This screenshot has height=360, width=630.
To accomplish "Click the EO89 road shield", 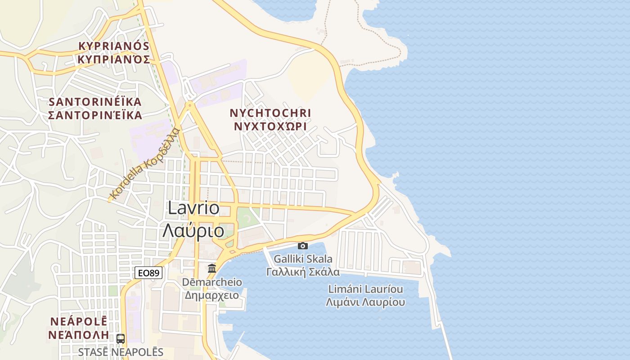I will pyautogui.click(x=148, y=273).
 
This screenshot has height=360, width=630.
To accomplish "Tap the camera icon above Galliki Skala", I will pyautogui.click(x=303, y=246).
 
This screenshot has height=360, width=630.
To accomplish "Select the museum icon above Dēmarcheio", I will pyautogui.click(x=211, y=269).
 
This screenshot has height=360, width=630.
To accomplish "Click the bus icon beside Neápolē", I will pyautogui.click(x=121, y=338).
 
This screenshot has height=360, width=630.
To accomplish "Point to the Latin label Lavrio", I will pyautogui.click(x=193, y=208).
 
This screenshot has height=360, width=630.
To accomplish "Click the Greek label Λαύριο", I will pyautogui.click(x=193, y=230).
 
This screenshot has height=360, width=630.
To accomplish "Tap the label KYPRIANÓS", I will pyautogui.click(x=113, y=46).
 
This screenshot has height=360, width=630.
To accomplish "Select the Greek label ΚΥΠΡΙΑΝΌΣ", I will pyautogui.click(x=113, y=59).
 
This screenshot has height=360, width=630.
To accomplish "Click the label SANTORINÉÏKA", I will pyautogui.click(x=95, y=101).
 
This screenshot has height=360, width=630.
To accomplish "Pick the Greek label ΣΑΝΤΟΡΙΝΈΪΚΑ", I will pyautogui.click(x=95, y=115).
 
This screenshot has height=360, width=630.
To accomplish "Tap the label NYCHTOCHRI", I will pyautogui.click(x=270, y=112).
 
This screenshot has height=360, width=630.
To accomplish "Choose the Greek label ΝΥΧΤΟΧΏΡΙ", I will pyautogui.click(x=270, y=126).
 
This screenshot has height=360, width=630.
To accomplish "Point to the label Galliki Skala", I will pyautogui.click(x=303, y=259).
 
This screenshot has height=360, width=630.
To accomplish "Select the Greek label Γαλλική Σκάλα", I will pyautogui.click(x=303, y=272).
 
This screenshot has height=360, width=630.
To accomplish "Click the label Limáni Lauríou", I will pyautogui.click(x=365, y=289).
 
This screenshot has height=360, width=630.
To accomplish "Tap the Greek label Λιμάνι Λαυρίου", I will pyautogui.click(x=365, y=302).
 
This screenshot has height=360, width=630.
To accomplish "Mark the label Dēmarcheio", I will pyautogui.click(x=211, y=282).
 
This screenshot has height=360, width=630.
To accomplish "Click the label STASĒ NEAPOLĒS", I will pyautogui.click(x=121, y=352).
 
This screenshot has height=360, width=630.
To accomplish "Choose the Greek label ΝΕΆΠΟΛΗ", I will pyautogui.click(x=79, y=335).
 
